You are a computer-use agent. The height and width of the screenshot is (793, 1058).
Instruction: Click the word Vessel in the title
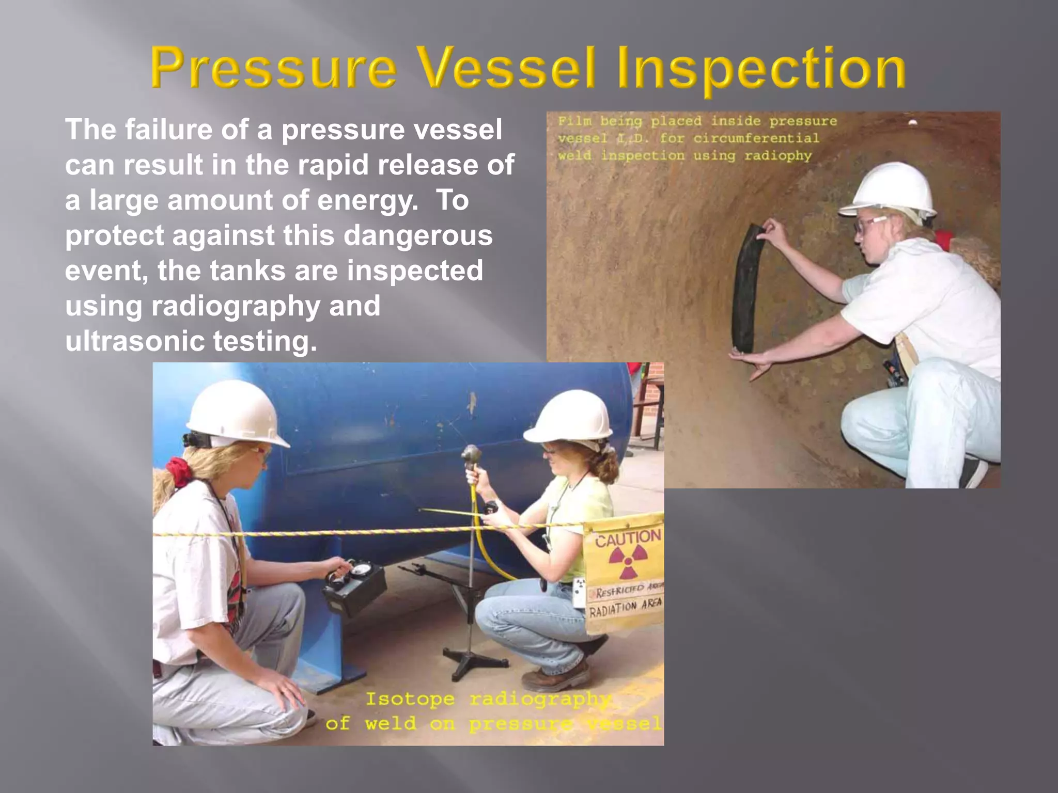point(506,68)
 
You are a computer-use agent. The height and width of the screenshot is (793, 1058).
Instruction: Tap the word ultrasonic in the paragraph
point(135,341)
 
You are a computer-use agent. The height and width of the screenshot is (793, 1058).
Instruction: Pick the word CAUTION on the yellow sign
point(628,538)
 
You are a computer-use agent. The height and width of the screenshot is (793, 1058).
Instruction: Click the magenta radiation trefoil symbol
point(627,562)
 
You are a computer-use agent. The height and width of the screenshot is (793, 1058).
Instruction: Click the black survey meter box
point(354,589)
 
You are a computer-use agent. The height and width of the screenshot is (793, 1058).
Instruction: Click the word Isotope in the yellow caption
point(410,700)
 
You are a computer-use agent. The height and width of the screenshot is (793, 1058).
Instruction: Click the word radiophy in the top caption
point(778,156)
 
